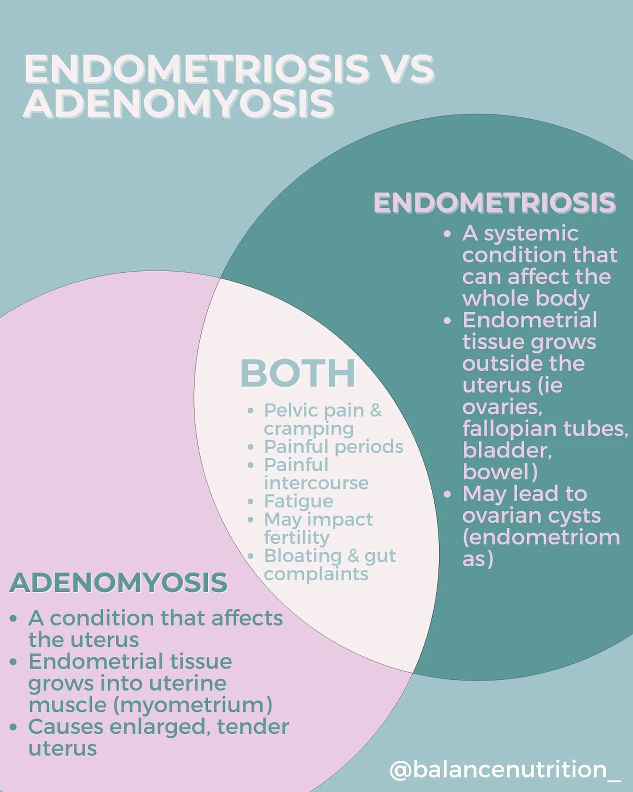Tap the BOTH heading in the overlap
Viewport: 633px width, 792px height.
tap(298, 373)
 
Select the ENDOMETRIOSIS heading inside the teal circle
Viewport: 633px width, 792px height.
tap(494, 203)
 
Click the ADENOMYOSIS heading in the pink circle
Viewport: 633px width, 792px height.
tap(118, 583)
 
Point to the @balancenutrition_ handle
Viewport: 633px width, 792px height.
tap(505, 770)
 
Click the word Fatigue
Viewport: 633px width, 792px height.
tap(299, 502)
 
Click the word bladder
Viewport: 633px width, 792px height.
tap(507, 450)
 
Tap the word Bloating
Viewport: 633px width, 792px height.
tap(302, 556)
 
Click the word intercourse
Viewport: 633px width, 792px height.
tap(316, 483)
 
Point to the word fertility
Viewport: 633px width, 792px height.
tap(297, 538)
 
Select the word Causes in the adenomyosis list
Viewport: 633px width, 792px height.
tap(66, 727)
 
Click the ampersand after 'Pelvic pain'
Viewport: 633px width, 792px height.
tap(376, 411)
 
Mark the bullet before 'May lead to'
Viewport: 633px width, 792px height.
tap(447, 494)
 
